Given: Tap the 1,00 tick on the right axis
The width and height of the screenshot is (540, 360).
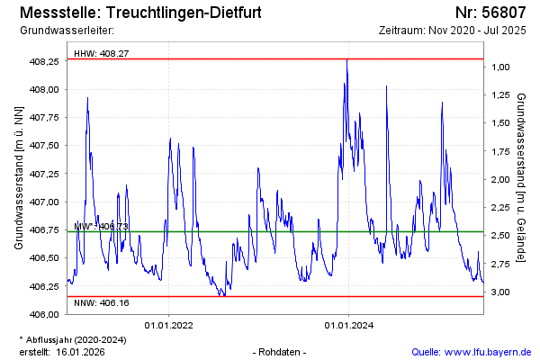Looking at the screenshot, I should (x=501, y=67).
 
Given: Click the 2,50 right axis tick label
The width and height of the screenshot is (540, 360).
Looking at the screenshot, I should (x=501, y=236).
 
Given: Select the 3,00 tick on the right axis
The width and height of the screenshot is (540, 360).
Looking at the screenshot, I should (x=501, y=292).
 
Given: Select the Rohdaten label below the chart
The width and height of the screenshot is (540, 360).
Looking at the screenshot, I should (x=282, y=351).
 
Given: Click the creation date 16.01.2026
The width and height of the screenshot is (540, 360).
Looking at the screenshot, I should (x=80, y=351).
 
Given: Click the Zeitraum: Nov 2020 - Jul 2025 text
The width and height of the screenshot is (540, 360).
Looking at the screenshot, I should (x=453, y=31).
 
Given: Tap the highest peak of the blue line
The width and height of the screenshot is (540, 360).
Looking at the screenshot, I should (x=347, y=59).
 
